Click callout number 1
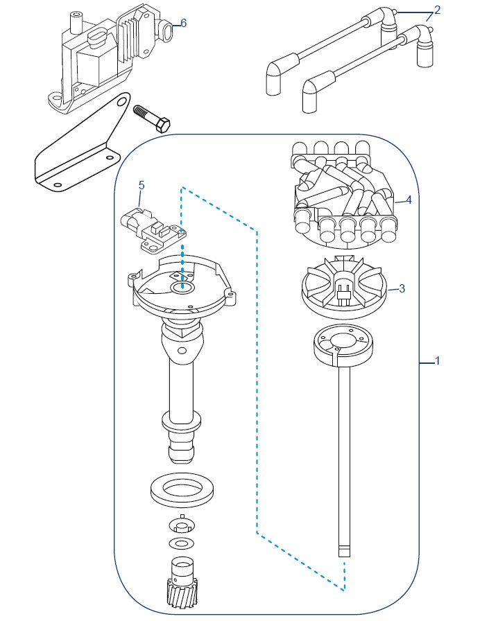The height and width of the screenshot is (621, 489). pos(438,361)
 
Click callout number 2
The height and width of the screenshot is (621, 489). pos(437,10)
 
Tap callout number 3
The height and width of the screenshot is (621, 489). pos(402,288)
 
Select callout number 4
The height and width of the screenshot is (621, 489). pos(409,200)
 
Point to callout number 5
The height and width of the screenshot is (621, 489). pos(141,185)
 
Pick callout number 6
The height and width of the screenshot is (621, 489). pos(184,24)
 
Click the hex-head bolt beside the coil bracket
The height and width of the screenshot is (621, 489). pos(152,118)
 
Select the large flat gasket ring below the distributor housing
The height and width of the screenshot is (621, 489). pos(182,490)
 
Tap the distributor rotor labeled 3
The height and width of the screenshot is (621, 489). pos(344,287)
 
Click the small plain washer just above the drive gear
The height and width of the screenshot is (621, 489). pos(182,543)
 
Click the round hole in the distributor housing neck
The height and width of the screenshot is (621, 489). pos(182,351)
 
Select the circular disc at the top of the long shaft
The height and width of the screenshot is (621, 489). pos(343,346)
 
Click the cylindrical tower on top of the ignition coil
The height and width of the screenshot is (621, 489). pos(76,23)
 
